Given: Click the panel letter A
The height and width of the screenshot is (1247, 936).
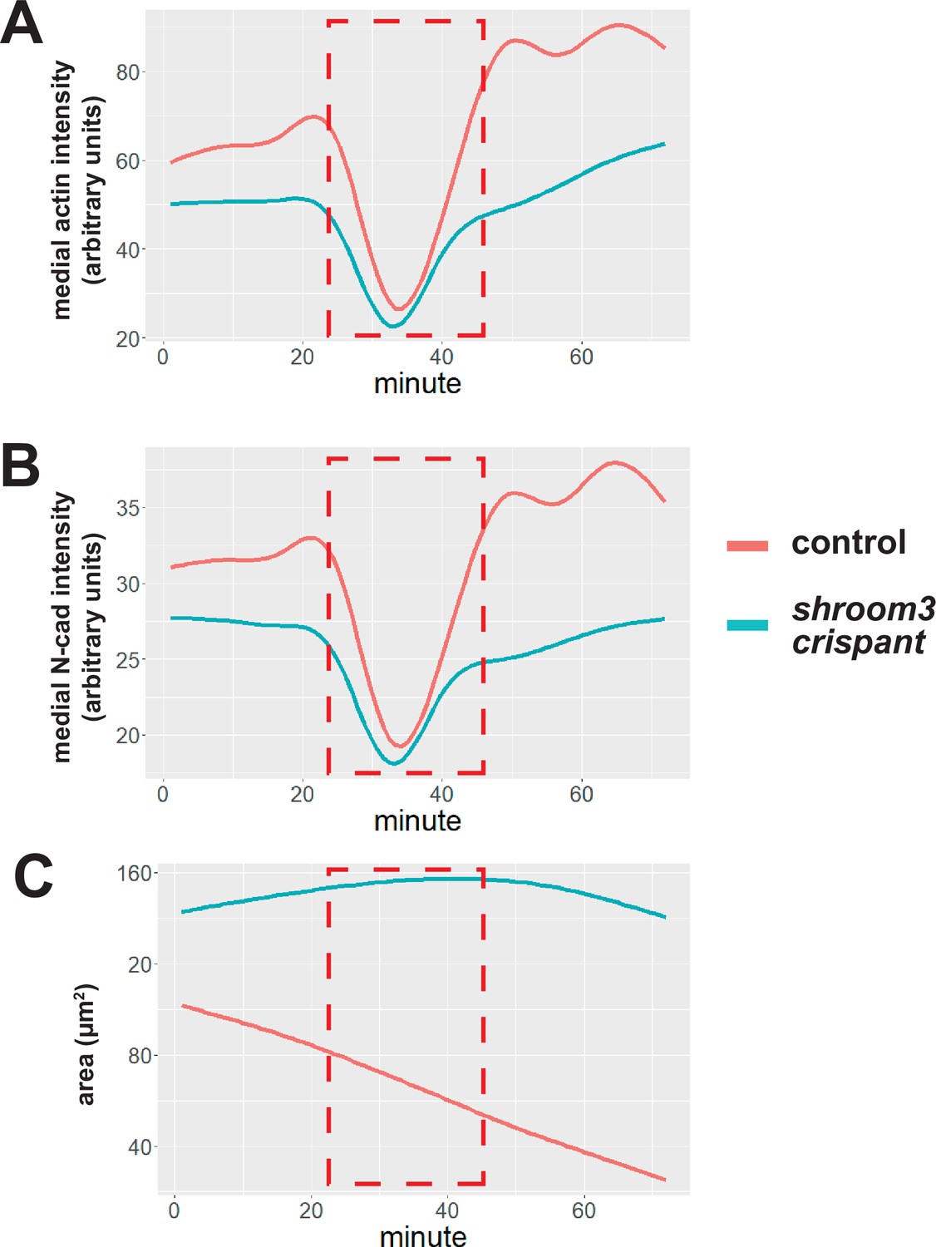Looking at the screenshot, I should pyautogui.click(x=22, y=25).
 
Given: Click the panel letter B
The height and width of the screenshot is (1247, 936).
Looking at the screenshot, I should pyautogui.click(x=21, y=466).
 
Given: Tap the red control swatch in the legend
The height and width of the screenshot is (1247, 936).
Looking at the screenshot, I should pyautogui.click(x=747, y=545).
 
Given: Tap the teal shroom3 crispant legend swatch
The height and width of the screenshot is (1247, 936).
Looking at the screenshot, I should pyautogui.click(x=747, y=625).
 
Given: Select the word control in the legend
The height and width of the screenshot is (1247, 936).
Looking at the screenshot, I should pyautogui.click(x=848, y=543).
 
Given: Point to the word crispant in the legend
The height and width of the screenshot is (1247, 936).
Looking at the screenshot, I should pyautogui.click(x=858, y=643).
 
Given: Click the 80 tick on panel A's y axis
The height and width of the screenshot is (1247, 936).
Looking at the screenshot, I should pyautogui.click(x=127, y=73).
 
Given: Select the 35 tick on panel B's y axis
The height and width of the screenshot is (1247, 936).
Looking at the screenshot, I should pyautogui.click(x=127, y=508).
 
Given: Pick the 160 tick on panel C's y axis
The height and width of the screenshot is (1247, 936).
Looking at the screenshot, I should pyautogui.click(x=134, y=874).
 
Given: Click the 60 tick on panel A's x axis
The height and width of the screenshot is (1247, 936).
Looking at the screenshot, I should pyautogui.click(x=581, y=357).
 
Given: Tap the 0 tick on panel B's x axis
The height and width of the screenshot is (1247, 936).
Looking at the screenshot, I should pyautogui.click(x=163, y=795).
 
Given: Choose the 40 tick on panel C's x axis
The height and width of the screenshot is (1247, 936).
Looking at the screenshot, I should pyautogui.click(x=447, y=1210).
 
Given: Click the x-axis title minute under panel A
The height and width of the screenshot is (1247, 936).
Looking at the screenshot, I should pyautogui.click(x=417, y=384).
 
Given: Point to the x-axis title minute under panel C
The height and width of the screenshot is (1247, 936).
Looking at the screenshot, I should pyautogui.click(x=423, y=1236).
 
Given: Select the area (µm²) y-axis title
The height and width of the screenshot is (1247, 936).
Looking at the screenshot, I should pyautogui.click(x=86, y=1044).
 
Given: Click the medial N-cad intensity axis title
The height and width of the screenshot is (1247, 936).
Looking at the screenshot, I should pyautogui.click(x=62, y=627).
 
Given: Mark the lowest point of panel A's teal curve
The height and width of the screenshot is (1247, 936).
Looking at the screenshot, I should pyautogui.click(x=393, y=326).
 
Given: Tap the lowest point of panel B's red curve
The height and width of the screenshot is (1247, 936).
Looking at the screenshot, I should pyautogui.click(x=400, y=746).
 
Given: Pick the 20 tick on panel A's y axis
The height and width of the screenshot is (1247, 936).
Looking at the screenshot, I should pyautogui.click(x=127, y=339).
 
